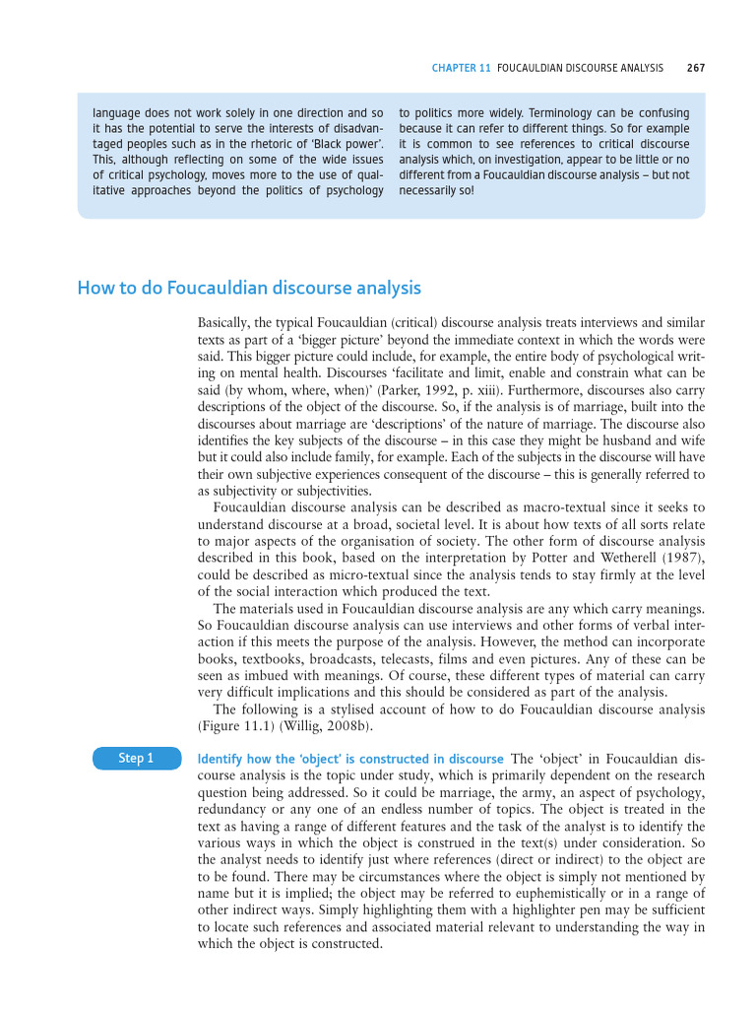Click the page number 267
click(x=696, y=68)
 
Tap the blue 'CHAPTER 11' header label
click(x=462, y=68)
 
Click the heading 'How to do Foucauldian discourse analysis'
click(x=249, y=288)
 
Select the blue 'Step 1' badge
click(x=136, y=758)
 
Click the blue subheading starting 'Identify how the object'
click(x=350, y=759)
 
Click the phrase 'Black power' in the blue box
click(x=345, y=143)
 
